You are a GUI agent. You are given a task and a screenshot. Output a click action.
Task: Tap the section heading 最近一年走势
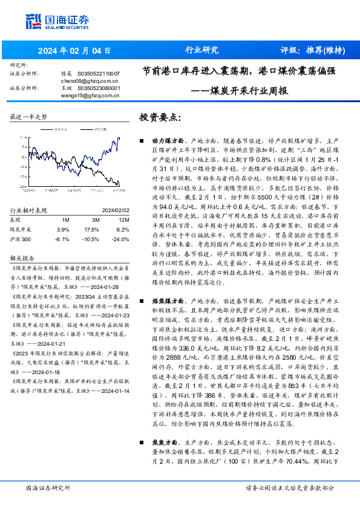click(x=28, y=117)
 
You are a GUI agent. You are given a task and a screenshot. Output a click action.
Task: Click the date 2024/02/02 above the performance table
click(x=108, y=210)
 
